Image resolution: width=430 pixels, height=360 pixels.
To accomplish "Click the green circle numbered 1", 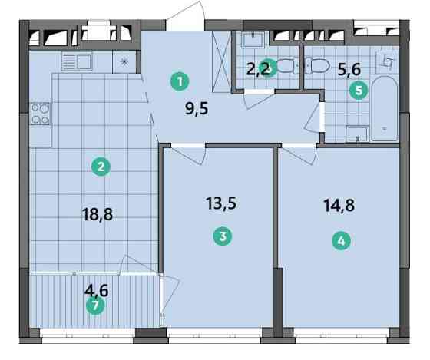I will click(180, 79).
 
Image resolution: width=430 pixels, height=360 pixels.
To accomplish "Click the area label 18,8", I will click(97, 215).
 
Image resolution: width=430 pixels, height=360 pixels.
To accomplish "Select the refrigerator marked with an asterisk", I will click(124, 61).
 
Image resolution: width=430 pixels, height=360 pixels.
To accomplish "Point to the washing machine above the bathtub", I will click(389, 60).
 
